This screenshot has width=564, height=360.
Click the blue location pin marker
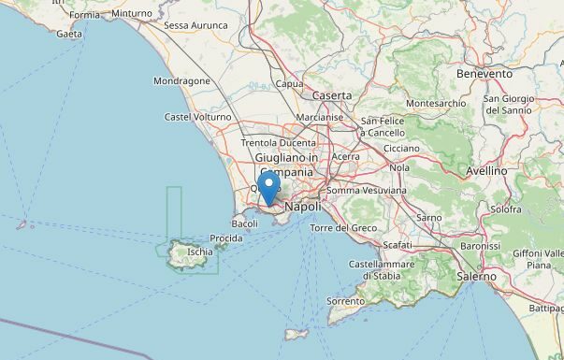[268, 186]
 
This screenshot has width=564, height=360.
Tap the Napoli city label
[302, 206]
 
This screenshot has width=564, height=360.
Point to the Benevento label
[484, 73]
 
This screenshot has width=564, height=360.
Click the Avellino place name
[486, 171]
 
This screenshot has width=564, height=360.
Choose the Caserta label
[332, 95]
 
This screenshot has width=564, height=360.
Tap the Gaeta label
[69, 34]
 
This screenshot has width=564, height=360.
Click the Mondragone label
[182, 81]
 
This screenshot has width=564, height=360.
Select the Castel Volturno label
[197, 117]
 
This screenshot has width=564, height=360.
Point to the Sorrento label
[345, 301]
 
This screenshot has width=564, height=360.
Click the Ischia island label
[199, 252]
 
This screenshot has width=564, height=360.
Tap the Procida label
[225, 238]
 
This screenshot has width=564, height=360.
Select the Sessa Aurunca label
[195, 25]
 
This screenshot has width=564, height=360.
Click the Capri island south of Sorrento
[296, 334]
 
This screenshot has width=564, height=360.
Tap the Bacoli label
[245, 223]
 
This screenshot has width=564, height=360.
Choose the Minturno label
[131, 14]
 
